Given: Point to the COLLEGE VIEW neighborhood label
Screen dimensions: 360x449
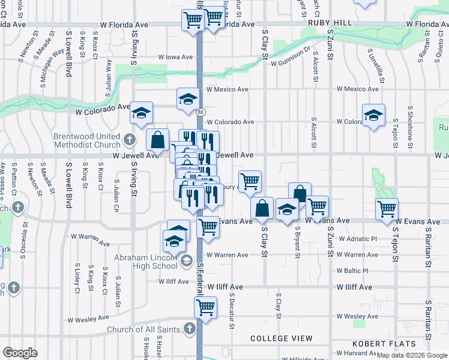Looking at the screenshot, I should pos(282,338).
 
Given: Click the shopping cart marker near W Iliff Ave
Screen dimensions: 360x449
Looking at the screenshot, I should pos(205,308).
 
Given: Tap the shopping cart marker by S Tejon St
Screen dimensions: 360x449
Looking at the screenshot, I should pos(387,209).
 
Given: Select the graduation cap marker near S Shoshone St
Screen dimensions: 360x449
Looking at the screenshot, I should pos(373,115).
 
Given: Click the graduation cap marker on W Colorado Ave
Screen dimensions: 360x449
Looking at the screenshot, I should pos(141,112).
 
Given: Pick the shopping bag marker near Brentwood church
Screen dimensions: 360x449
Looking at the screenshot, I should pos(157,140).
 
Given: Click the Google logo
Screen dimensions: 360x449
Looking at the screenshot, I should pos(20,353).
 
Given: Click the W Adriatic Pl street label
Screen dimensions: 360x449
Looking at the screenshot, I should pos(358,238).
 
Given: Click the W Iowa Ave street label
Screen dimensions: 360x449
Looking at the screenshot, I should pos(175,57).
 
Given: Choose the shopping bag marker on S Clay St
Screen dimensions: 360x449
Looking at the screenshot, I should pos(262,208).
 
